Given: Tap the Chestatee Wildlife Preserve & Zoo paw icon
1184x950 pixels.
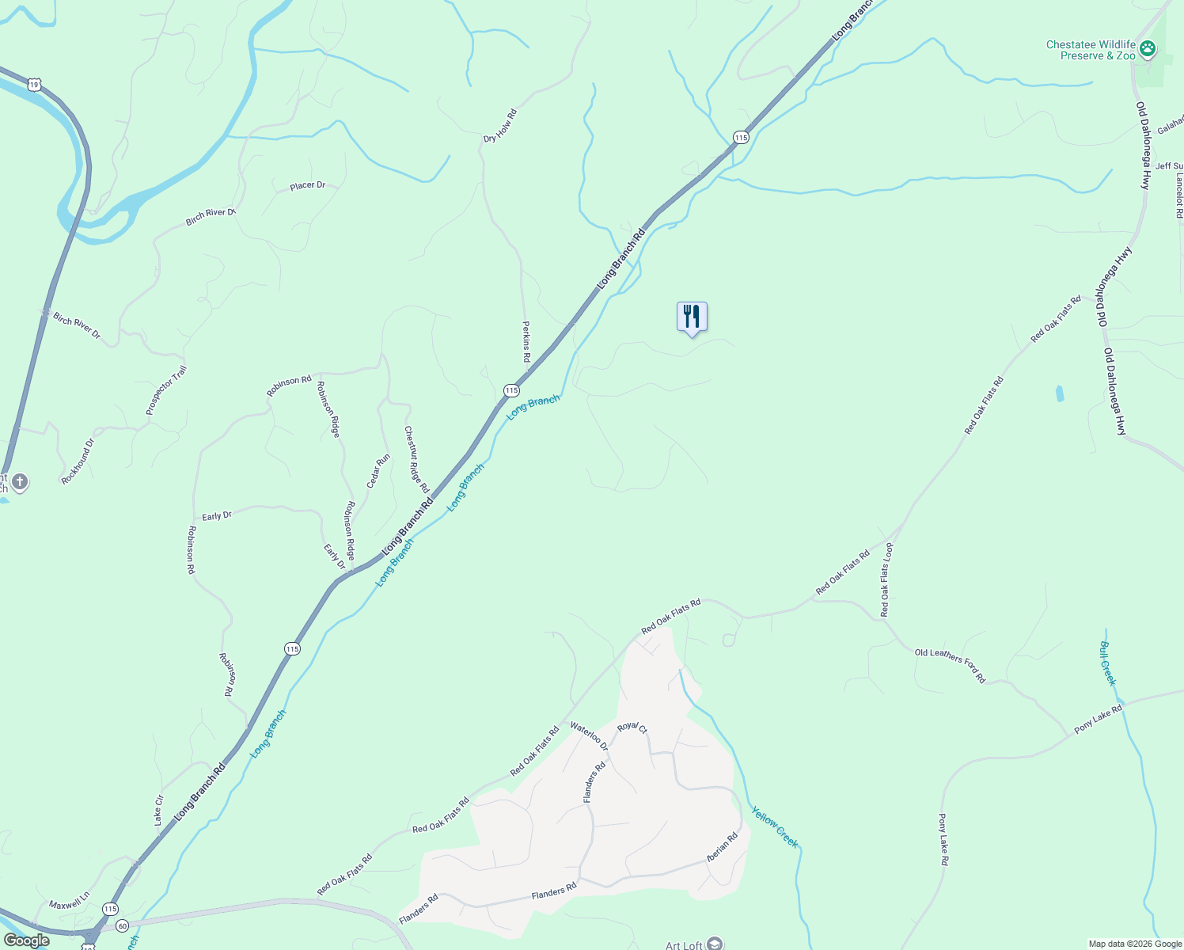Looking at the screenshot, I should (x=1147, y=50).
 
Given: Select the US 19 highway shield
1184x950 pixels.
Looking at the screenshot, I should (x=33, y=84).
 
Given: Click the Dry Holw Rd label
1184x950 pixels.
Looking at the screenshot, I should (x=500, y=127).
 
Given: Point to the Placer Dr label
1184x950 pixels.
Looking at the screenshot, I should (x=307, y=186).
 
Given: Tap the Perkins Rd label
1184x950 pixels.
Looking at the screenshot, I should (x=526, y=341).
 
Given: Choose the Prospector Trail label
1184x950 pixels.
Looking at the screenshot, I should (x=166, y=389).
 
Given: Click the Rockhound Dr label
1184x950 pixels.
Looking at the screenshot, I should (x=78, y=462).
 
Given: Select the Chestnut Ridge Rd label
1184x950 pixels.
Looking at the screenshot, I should (x=416, y=459).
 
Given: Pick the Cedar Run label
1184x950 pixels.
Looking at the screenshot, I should (x=378, y=471).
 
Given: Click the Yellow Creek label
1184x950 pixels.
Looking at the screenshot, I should (x=775, y=826).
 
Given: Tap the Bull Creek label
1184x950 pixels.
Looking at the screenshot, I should (x=1107, y=663).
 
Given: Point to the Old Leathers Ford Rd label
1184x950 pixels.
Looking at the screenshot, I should (x=950, y=666).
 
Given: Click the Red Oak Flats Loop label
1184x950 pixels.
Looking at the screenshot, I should (x=886, y=579).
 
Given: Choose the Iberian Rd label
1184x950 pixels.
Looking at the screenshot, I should (x=723, y=847).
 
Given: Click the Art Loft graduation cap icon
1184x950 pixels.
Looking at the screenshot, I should (x=715, y=943).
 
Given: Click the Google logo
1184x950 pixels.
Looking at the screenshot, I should (x=27, y=940).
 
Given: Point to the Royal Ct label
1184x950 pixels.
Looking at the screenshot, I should (x=632, y=728).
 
